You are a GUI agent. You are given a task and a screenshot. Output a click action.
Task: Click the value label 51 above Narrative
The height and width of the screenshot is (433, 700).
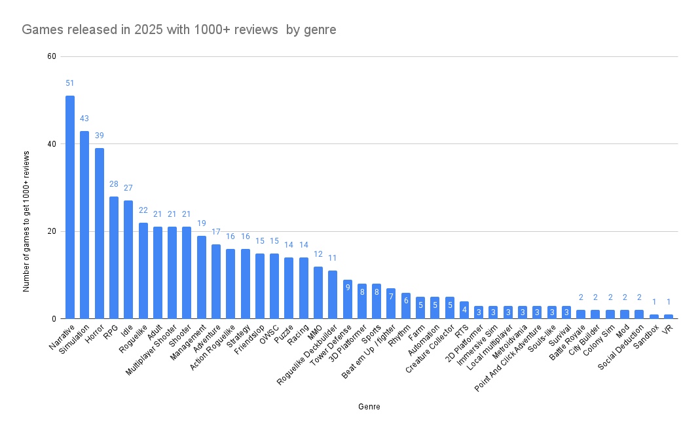(x=70, y=83)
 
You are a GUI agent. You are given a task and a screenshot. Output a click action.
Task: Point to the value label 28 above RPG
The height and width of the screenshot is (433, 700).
(x=114, y=184)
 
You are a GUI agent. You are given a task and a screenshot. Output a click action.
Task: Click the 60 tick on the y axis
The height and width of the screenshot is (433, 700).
(x=51, y=56)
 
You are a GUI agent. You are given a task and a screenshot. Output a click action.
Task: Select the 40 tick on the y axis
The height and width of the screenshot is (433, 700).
(x=51, y=144)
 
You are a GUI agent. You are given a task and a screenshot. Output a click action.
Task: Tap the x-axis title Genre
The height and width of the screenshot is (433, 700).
(x=369, y=407)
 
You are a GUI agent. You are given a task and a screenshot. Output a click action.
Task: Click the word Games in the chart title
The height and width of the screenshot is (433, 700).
(x=41, y=30)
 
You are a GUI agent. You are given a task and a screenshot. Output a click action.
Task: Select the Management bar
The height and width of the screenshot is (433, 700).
(x=202, y=277)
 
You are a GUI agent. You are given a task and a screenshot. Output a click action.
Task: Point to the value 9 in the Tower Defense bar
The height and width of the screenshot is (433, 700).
(x=348, y=288)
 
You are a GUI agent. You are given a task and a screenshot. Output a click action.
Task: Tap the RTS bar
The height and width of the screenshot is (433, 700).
(x=464, y=310)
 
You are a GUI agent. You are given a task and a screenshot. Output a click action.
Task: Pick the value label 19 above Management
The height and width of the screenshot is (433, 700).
(x=202, y=223)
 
